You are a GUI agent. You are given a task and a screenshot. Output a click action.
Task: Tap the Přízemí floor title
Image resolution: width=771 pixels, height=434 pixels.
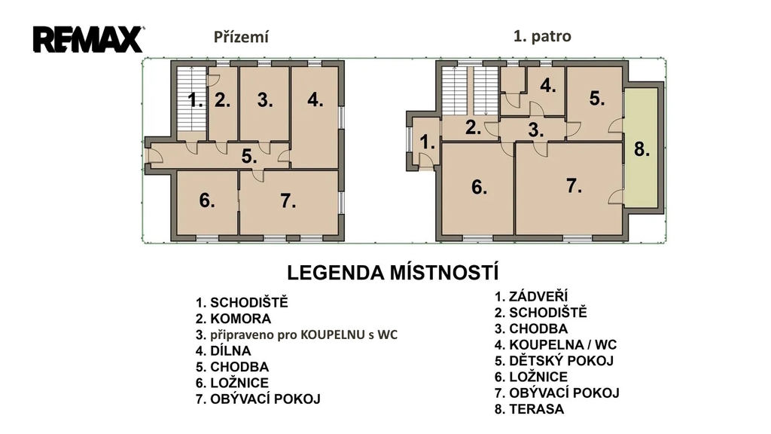coord(241,37)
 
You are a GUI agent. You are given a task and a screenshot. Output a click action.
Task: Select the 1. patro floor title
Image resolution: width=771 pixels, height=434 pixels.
coord(542,36)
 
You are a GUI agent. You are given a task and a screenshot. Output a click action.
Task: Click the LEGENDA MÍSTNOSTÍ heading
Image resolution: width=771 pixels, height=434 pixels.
coord(393,272)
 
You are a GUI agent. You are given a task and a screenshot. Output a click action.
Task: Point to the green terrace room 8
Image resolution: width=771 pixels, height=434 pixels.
coord(641,148)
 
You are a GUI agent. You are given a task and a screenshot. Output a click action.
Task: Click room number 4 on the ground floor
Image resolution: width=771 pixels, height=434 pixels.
coord(315,100)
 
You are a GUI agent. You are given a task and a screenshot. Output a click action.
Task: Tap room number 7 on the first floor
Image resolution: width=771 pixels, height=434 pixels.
coord(574,185)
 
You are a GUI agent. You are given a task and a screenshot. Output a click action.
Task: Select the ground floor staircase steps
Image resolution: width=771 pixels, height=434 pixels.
coord(191,99)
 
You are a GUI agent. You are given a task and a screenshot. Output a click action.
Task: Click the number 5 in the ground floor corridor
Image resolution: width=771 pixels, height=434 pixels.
coord(249,157)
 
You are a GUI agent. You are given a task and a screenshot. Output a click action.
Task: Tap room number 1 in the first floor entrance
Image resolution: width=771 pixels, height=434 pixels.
coord(428,142)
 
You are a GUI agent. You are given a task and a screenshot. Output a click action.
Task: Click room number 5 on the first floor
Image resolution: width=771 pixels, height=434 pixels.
coord(597,99)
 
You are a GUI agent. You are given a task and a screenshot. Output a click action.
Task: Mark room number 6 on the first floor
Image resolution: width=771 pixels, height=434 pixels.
coord(480,187)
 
